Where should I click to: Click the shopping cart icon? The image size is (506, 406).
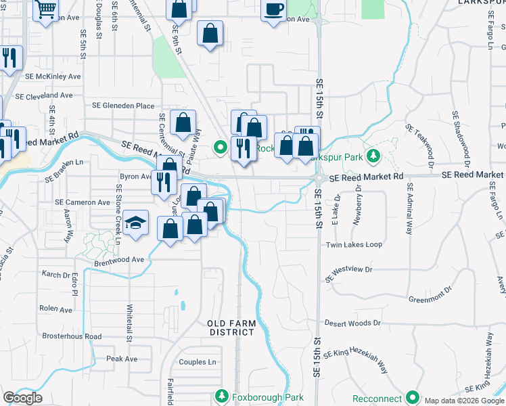coord(46,9)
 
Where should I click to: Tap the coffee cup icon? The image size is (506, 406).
coord(273,9)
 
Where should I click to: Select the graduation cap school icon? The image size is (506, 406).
coord(136,223)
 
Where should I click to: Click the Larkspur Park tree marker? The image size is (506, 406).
coord(372,157)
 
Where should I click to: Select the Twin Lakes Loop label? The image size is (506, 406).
coord(354,245)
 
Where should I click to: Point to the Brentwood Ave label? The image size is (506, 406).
coord(119,259)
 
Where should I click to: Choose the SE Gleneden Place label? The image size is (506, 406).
coord(123,106)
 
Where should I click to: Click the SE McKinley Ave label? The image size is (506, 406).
coord(53,76)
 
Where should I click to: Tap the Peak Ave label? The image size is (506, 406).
coord(122,359)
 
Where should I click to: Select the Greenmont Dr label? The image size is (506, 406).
coord(429,298)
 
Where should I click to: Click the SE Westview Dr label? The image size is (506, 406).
coord(349,273)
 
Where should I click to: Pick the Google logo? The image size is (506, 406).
coord(22,398)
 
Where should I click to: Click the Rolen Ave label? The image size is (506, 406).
coord(55,309)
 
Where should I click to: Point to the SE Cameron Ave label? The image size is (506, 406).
coord(83,202)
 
